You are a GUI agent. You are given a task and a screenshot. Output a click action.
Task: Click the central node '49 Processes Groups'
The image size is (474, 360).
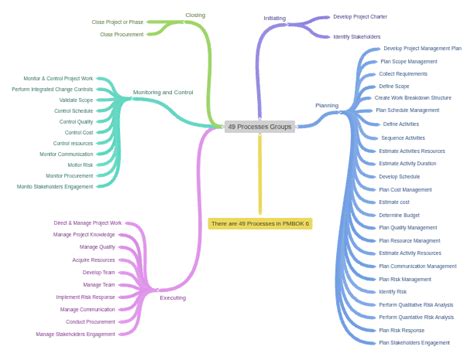259,127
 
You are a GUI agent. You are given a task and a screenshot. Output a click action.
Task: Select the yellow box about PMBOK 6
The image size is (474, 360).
260,223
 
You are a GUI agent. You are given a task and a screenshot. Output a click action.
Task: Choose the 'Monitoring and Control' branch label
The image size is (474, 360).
163,92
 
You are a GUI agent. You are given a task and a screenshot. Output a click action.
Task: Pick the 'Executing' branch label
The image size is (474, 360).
173,297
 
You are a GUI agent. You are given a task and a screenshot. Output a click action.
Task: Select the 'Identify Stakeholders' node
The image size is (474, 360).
357,36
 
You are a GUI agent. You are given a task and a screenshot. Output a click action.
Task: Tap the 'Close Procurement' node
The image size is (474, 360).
121,34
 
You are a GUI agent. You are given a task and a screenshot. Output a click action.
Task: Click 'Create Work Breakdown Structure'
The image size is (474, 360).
413,98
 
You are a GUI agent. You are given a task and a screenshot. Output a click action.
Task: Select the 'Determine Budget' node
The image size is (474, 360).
399,214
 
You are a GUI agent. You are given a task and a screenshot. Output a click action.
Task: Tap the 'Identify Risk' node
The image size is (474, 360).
393,292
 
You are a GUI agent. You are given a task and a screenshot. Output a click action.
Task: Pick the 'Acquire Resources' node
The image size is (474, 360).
94,260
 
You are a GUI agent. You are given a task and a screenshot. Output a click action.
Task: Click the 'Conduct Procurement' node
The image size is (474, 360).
90,322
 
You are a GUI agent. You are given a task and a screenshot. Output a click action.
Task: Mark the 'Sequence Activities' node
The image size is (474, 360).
403,137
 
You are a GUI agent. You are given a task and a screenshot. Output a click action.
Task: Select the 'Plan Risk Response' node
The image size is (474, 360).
401,330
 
